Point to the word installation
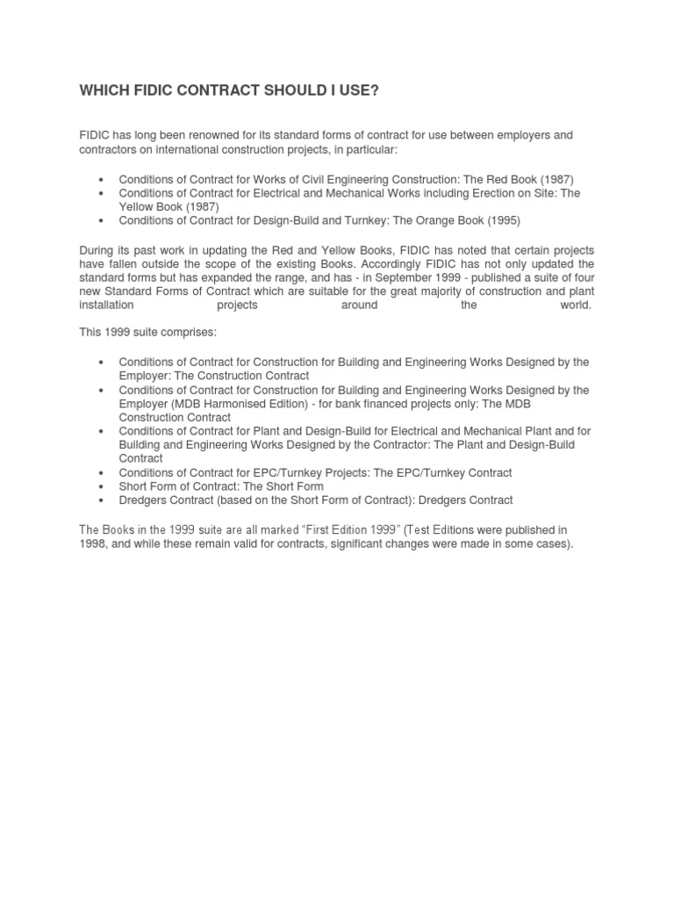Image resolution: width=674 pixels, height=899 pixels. (x=106, y=306)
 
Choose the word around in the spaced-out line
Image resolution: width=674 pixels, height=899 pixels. (x=359, y=306)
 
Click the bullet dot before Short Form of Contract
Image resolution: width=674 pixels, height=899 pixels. (x=102, y=486)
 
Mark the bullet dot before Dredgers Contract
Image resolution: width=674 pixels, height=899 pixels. (x=102, y=500)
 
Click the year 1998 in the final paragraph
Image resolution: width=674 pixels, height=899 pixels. (x=93, y=544)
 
